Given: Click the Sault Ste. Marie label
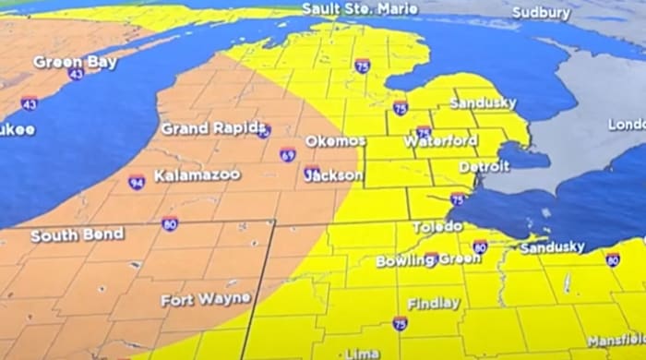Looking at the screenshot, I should (360, 9).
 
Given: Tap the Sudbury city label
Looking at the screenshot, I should (542, 14).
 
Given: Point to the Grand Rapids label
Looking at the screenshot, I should (213, 128).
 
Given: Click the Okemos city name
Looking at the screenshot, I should (335, 141).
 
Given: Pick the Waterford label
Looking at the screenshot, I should (440, 141).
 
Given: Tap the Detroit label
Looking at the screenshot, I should (484, 167).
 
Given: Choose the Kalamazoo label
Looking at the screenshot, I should (197, 174).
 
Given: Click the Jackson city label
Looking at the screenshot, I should (333, 174).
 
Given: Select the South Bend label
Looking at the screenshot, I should (78, 235).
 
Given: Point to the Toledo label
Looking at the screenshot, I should (437, 226).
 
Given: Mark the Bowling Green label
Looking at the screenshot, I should (415, 260).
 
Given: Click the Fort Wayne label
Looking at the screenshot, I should (205, 300).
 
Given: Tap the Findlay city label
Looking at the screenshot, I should (433, 303).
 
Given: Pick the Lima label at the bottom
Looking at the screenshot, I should (362, 353).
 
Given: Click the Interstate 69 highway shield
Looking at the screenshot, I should (288, 155).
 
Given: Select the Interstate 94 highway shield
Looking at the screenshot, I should (137, 182).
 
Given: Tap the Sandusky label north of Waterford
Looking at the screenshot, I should (483, 103).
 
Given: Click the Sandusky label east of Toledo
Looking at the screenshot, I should (552, 247).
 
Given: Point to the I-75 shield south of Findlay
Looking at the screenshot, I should (400, 323).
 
